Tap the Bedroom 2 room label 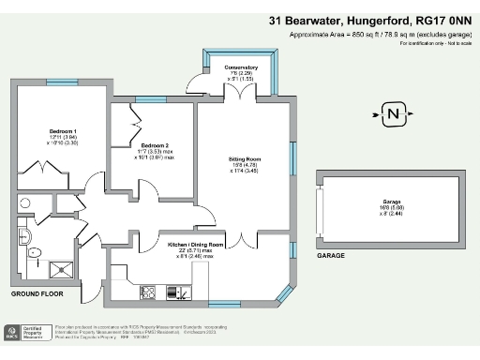155,146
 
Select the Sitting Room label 244,159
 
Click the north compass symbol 394,116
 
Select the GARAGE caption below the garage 330,255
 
